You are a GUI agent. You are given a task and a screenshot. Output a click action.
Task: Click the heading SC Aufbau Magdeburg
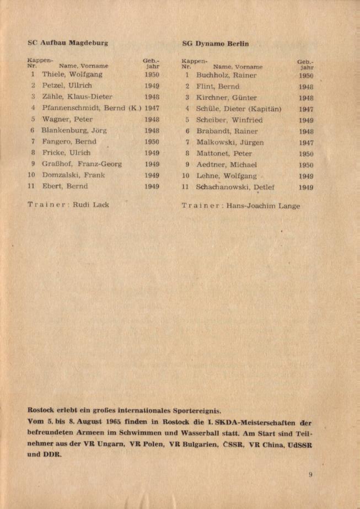pos(68,42)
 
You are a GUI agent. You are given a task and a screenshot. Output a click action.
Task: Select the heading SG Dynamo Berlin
pos(216,43)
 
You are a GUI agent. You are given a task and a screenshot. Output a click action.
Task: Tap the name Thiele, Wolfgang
pos(72,74)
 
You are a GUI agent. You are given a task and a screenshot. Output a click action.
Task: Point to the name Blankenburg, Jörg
pos(74,131)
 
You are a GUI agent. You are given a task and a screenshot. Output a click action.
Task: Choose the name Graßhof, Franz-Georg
pos(82,164)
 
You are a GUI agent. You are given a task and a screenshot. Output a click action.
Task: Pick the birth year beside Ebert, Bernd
pos(152,186)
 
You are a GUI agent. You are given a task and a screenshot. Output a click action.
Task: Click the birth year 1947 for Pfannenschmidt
pos(152,108)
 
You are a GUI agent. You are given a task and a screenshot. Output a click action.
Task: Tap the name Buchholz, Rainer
pos(227,75)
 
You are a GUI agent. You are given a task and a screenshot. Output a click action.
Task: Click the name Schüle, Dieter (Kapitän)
pos(239,109)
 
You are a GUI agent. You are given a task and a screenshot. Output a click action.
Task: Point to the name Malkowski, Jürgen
pos(230,142)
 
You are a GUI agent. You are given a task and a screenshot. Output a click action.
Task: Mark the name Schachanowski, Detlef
pos(236,187)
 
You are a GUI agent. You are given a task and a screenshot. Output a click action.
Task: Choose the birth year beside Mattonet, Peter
pos(306,154)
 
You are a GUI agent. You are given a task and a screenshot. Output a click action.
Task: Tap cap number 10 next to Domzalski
pos(31,175)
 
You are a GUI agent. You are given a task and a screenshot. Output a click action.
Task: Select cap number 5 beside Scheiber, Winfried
pos(187,120)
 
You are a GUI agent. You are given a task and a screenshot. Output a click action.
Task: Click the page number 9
pos(311,474)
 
